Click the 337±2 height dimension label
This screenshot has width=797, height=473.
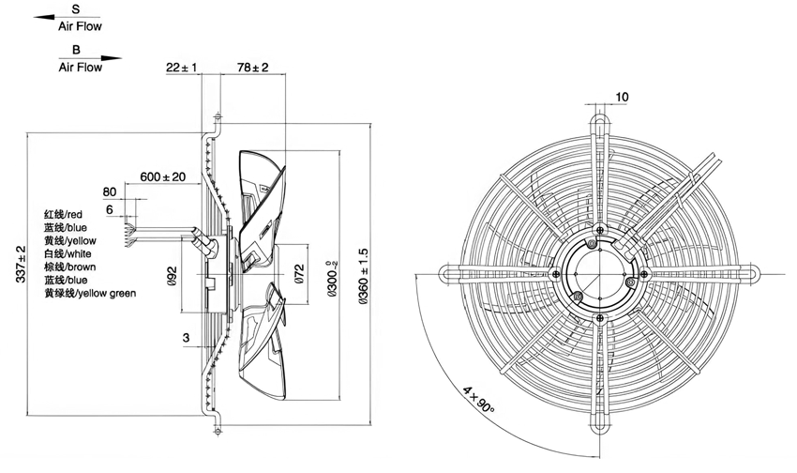21,264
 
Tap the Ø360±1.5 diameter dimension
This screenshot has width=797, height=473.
364,277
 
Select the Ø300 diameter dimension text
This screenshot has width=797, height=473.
333,279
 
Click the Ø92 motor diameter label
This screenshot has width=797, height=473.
172,276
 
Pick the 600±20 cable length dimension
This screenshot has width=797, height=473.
162,176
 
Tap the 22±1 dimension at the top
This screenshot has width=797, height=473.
182,67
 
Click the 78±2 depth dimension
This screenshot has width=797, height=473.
252,67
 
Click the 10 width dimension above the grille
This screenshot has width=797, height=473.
623,97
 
